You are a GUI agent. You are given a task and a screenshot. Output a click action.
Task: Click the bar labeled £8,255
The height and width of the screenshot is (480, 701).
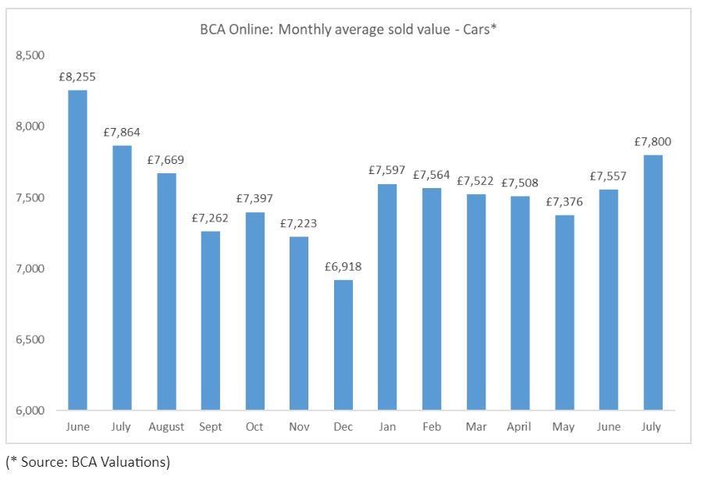click(78, 250)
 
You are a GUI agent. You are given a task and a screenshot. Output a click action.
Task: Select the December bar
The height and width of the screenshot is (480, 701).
click(343, 345)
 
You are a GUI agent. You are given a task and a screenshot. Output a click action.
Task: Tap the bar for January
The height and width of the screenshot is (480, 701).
click(387, 297)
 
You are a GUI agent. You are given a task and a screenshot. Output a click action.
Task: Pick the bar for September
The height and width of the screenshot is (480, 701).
click(211, 320)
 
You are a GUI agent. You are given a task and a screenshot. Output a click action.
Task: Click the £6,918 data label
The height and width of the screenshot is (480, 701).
click(343, 267)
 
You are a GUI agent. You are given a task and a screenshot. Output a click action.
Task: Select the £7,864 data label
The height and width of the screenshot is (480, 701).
click(122, 132)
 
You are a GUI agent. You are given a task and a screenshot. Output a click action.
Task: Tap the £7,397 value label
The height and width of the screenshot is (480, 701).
click(254, 199)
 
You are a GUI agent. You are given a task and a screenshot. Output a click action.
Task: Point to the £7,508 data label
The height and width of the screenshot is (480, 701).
click(519, 183)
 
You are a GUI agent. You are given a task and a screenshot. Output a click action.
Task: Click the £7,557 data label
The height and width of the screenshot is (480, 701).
click(608, 176)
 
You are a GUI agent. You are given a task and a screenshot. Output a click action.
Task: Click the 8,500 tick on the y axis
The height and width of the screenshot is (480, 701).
click(30, 55)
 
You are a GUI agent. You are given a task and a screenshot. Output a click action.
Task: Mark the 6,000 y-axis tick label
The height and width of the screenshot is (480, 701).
click(30, 411)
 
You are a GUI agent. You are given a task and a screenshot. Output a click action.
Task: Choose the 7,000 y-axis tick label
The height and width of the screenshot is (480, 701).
click(30, 268)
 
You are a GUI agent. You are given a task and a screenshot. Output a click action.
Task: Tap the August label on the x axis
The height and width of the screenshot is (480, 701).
click(166, 427)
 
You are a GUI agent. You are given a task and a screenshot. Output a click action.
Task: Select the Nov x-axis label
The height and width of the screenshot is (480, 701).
click(299, 427)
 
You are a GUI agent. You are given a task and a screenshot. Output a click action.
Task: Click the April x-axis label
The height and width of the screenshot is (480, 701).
click(519, 427)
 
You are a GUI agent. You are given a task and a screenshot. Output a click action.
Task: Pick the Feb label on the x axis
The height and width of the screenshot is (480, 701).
click(431, 427)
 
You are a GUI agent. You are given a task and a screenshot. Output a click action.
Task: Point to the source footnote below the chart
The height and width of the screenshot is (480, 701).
click(87, 462)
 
